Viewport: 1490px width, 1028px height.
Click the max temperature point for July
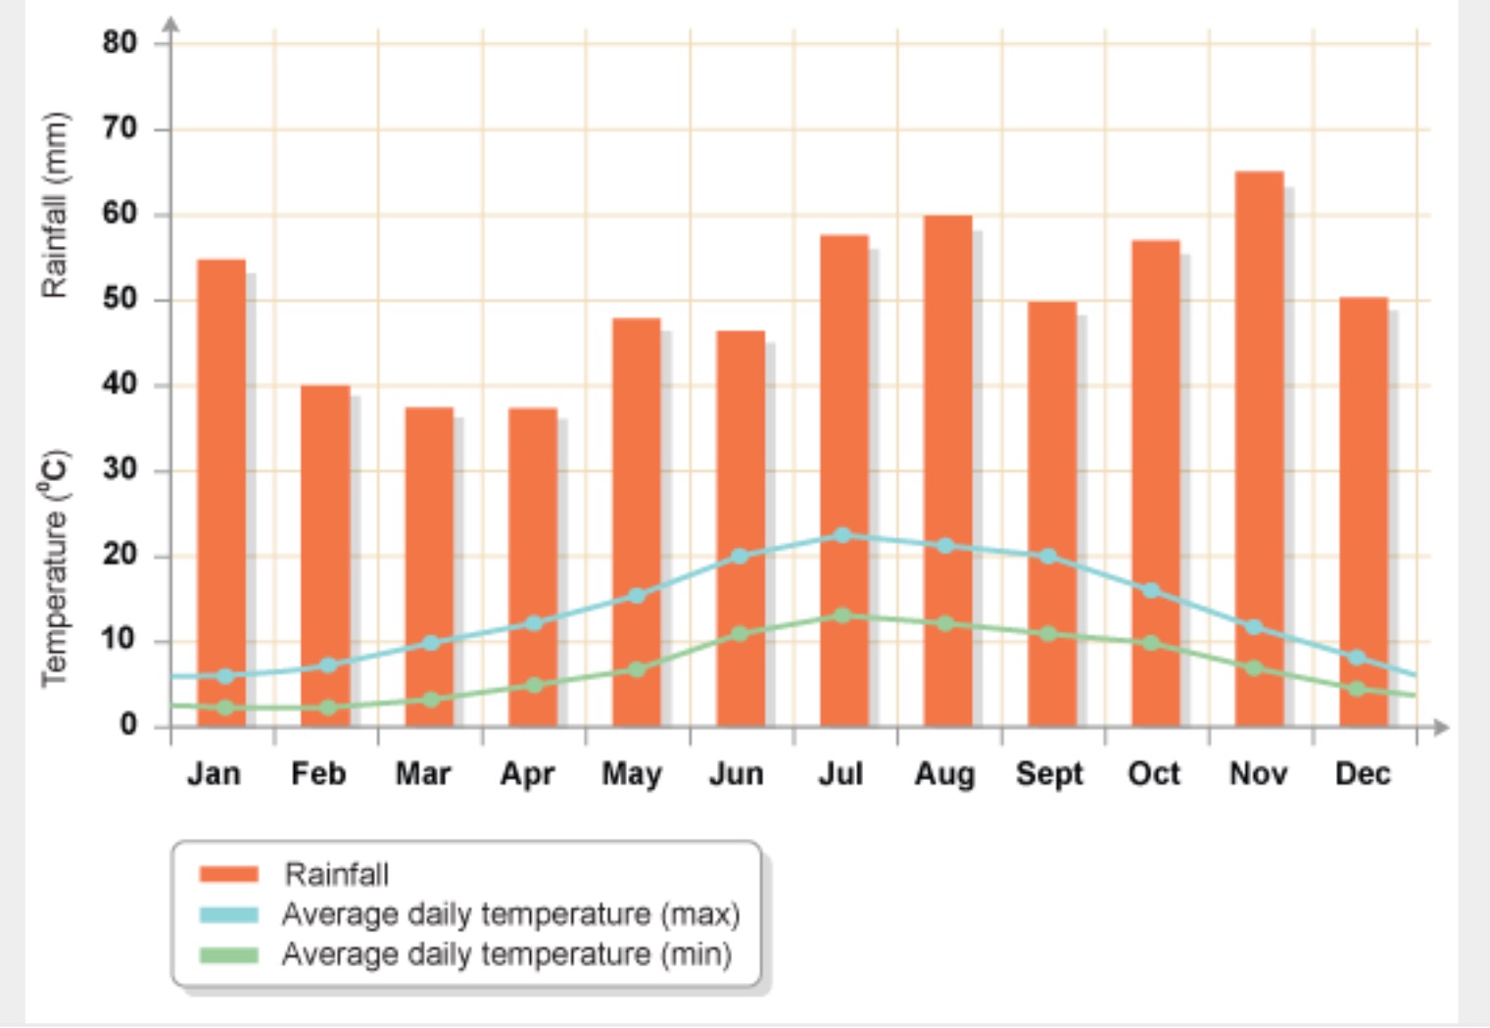pos(842,535)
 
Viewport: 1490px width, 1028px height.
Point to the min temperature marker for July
pos(842,615)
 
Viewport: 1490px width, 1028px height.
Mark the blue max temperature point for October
pos(1151,591)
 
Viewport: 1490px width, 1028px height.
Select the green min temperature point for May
pos(637,670)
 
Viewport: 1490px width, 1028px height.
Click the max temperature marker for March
pos(430,643)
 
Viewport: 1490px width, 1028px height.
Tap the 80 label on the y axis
pos(120,42)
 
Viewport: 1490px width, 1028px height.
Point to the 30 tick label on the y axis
pos(120,469)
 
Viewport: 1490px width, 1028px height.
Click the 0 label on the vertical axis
pos(128,725)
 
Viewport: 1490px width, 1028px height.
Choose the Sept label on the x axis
pos(1049,774)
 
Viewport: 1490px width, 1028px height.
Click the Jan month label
pos(214,774)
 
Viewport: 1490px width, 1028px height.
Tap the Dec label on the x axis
pos(1363,774)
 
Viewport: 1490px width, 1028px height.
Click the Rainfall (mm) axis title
pos(55,205)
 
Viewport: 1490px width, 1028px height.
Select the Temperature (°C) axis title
pos(55,568)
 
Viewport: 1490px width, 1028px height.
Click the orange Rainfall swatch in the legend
pos(228,874)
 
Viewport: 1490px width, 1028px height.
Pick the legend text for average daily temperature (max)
pos(510,914)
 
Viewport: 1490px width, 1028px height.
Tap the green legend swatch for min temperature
pos(228,955)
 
